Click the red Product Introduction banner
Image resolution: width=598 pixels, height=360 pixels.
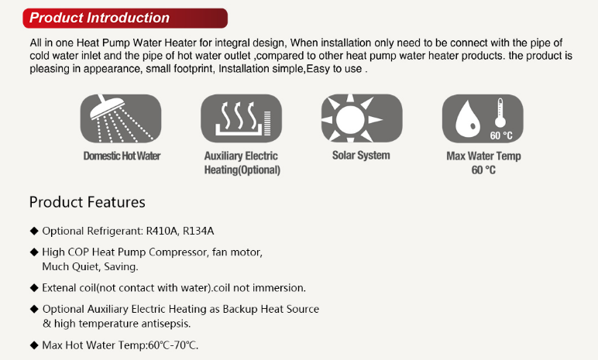[125, 18]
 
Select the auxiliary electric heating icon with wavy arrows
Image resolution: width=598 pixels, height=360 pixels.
[242, 118]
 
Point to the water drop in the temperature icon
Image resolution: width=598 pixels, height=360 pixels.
[468, 118]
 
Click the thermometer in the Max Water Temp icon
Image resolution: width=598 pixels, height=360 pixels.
[500, 113]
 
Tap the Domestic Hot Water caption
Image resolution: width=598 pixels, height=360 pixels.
[122, 156]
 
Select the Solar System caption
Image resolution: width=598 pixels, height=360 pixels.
[361, 155]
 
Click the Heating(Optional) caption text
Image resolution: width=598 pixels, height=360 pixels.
[242, 170]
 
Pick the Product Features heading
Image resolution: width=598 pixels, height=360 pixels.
[88, 202]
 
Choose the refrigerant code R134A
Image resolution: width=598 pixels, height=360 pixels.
[198, 231]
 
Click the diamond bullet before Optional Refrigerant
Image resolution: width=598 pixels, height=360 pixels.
[34, 231]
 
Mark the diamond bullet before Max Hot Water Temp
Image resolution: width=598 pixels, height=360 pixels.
[34, 345]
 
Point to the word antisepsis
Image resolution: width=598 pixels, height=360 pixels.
[166, 324]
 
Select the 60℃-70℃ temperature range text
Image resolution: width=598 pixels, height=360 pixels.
[173, 345]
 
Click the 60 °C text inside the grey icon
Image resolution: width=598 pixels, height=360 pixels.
[501, 135]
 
